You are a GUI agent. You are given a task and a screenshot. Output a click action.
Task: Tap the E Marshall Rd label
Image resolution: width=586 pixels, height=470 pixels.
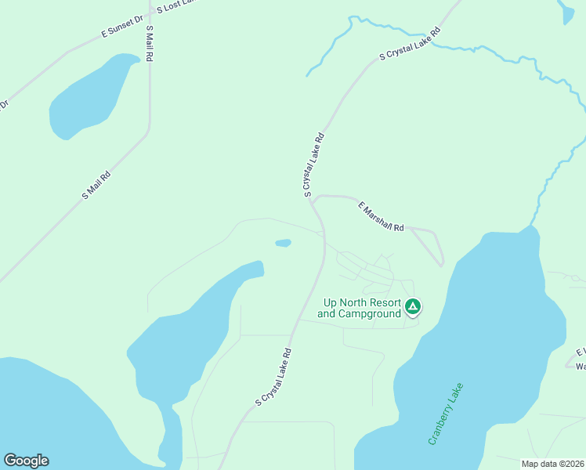click(x=381, y=217)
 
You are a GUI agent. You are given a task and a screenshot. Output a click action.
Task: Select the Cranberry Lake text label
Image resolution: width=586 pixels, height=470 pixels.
click(x=446, y=414)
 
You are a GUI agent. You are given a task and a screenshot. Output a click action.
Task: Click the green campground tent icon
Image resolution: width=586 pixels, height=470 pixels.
click(x=413, y=306)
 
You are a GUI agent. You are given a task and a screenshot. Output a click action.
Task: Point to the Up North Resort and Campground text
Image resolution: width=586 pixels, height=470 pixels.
click(x=360, y=309)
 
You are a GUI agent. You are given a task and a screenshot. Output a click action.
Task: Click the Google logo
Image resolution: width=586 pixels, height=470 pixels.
click(x=26, y=461)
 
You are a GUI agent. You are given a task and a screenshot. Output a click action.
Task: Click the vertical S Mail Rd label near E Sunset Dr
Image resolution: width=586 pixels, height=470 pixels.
click(x=149, y=44)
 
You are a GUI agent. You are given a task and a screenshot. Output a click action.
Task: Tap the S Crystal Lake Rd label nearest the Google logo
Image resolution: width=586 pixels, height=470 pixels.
click(x=273, y=377)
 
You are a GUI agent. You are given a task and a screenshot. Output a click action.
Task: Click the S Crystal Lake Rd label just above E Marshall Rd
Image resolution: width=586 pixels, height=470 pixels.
click(x=313, y=164)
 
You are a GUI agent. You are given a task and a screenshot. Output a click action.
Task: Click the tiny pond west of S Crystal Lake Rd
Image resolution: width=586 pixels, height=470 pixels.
click(x=283, y=243)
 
